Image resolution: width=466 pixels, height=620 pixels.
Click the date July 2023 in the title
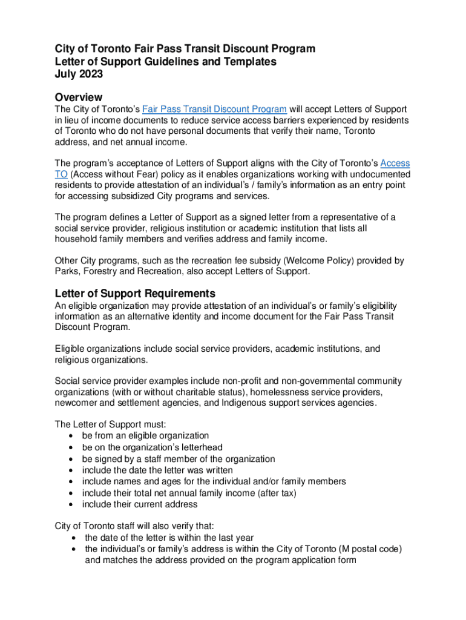coord(79,74)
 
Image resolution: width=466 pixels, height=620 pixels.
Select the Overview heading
coord(79,97)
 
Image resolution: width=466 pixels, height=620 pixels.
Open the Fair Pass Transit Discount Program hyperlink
coord(214,110)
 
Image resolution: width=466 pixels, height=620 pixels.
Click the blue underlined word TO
coord(61,174)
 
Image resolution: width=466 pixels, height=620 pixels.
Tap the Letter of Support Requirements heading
coord(135,294)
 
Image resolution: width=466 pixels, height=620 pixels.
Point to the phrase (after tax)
coord(277,493)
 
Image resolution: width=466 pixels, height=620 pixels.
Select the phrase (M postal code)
coord(371,549)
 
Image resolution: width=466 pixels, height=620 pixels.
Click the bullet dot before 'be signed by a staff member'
coord(72,459)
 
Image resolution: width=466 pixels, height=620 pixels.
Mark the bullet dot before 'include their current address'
coord(72,504)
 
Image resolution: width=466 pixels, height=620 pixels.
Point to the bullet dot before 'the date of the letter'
coord(74,538)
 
